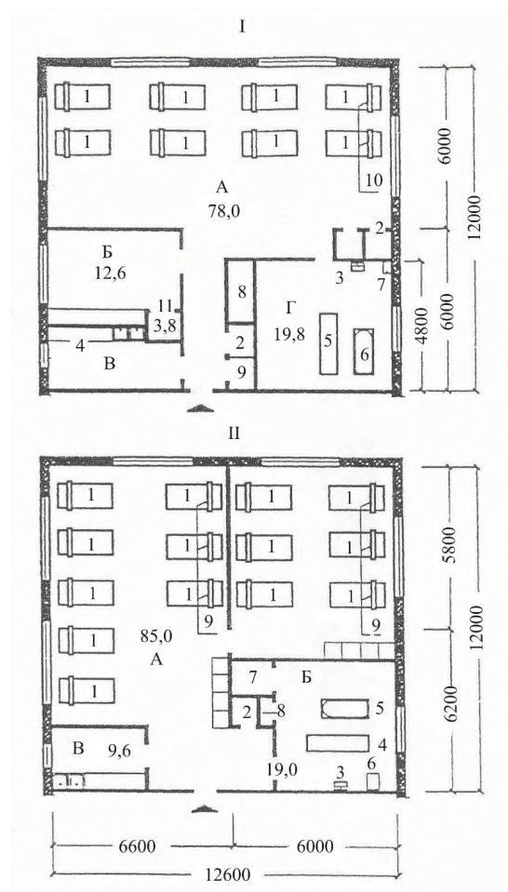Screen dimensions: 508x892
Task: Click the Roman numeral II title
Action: coord(234,434)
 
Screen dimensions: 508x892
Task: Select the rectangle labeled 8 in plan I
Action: coord(240,292)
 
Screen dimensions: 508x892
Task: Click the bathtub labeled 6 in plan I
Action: coord(365,351)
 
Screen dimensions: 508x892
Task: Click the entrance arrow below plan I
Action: coord(199,408)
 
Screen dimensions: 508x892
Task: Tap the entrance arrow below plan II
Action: coord(204,808)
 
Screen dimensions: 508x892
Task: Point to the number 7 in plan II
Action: coord(252,677)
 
